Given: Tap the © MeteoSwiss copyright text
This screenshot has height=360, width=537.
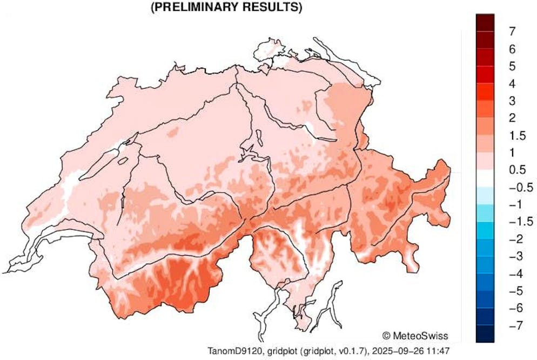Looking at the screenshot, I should point(414,335).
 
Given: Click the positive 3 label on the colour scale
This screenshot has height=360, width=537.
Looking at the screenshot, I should point(512,101).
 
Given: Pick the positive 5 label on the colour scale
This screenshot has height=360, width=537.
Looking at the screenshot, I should point(512,66).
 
